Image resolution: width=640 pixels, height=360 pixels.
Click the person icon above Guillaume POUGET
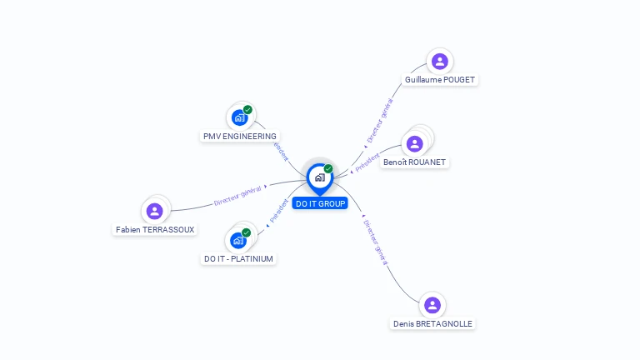click(x=439, y=61)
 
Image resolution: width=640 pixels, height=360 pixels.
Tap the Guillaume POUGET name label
click(x=440, y=80)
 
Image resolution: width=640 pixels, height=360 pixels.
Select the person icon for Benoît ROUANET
click(x=414, y=142)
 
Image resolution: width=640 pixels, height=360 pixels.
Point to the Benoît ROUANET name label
click(x=415, y=162)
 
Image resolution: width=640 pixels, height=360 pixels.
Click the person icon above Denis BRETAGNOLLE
click(x=431, y=305)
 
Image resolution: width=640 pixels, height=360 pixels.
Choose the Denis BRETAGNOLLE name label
click(x=432, y=324)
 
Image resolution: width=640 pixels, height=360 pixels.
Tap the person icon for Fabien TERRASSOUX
click(x=154, y=211)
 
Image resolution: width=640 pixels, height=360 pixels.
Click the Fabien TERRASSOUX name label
click(x=155, y=229)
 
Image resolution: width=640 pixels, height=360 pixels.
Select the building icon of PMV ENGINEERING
click(x=240, y=117)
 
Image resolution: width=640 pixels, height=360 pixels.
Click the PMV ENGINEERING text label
click(x=240, y=136)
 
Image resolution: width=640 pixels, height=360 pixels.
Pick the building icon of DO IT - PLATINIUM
click(x=238, y=240)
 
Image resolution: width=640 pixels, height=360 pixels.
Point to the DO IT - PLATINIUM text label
click(x=238, y=259)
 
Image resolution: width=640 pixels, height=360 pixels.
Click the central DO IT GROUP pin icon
click(x=319, y=177)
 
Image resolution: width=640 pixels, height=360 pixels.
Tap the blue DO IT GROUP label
click(x=320, y=203)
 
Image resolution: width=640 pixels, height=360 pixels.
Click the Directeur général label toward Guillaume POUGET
click(x=379, y=122)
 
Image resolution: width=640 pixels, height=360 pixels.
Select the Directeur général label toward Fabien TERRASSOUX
click(x=237, y=195)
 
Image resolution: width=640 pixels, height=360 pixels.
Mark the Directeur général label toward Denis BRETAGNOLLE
click(x=377, y=241)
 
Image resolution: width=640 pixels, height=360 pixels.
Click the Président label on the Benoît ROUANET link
click(x=367, y=162)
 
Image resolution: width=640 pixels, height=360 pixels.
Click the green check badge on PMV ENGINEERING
click(x=247, y=110)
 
